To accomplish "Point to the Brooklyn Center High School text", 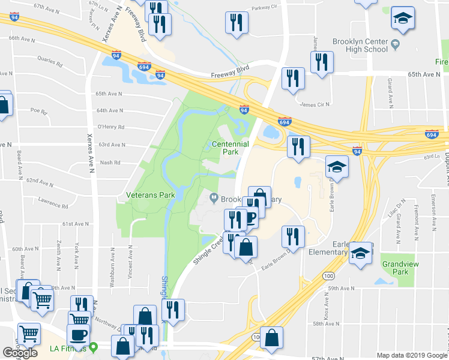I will pos(360,46).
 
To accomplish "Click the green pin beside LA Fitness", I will pos(94,347).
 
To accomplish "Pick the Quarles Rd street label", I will pos(49,62).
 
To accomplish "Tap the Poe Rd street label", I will pos(38,111).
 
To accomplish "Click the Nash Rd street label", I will pos(110,163).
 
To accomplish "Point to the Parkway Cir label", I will pos(265,8).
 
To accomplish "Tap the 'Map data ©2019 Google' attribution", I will pos(412,355).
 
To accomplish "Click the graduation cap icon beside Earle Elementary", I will pos(360,253).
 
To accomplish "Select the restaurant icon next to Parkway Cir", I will pos(237,23).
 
